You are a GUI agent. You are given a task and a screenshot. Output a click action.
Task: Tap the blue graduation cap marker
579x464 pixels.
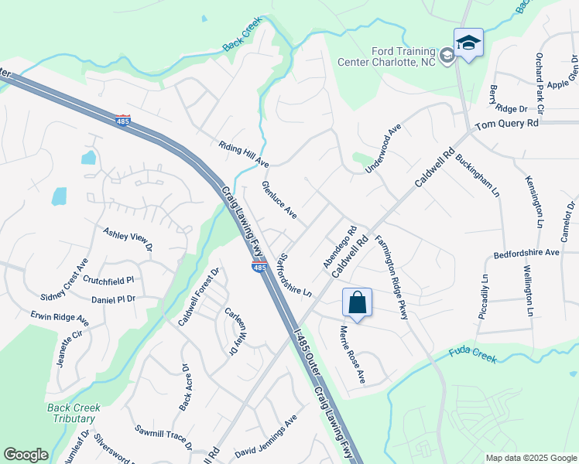(x=468, y=43)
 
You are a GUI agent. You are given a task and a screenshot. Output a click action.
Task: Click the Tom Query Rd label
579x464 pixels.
(x=506, y=124)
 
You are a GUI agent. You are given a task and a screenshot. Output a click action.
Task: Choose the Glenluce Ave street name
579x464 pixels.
(x=279, y=199)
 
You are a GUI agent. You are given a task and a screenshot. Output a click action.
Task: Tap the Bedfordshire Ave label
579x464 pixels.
(x=526, y=253)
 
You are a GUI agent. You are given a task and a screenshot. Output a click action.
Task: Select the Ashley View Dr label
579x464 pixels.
(x=128, y=238)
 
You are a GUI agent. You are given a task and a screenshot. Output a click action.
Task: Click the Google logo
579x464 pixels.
(x=26, y=455)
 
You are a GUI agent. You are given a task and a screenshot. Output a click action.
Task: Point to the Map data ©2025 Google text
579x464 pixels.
(x=530, y=458)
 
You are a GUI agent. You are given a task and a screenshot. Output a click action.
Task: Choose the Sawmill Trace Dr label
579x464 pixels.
(x=163, y=437)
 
